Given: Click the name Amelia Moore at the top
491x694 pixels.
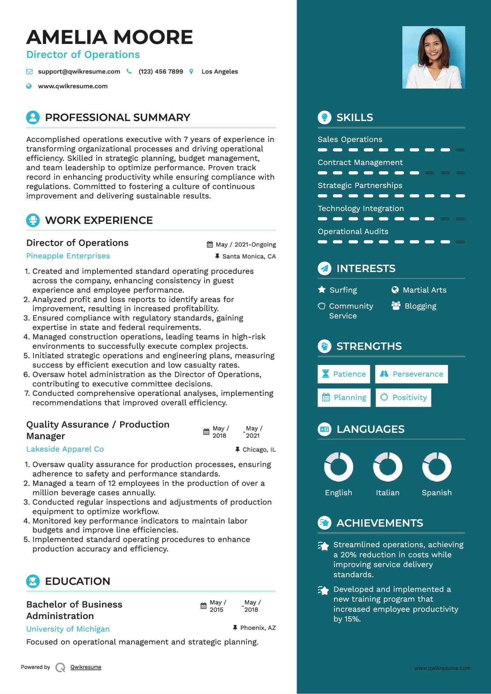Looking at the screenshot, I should [x=110, y=37].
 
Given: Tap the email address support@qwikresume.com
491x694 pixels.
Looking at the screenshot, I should [x=79, y=71].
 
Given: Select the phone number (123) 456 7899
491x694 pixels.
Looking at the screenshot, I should [x=161, y=71].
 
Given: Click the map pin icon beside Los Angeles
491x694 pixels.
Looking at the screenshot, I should [x=191, y=71].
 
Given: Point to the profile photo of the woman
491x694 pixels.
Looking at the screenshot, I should [x=433, y=57].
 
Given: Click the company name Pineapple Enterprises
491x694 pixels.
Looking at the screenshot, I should [x=68, y=256].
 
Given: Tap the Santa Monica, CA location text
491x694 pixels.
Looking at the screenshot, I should [x=249, y=256].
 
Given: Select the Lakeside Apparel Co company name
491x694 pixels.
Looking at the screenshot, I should [x=65, y=449].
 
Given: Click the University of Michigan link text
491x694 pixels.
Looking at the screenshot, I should [x=68, y=629].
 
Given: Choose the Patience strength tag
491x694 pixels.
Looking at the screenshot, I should [x=344, y=374].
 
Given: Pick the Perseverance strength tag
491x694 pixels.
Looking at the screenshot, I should [x=411, y=374].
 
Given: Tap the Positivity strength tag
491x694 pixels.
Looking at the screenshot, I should [x=403, y=398].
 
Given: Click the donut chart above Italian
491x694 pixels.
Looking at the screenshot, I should [x=387, y=467].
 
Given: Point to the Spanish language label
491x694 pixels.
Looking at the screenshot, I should [x=437, y=493].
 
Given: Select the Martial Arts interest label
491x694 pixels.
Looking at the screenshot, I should [x=424, y=290].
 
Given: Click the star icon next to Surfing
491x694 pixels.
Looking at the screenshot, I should [x=322, y=290].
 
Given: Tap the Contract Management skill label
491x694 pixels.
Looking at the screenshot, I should [x=360, y=163].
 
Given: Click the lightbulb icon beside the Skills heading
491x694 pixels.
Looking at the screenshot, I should [x=325, y=118].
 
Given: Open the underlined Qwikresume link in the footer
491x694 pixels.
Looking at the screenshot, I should [x=86, y=667].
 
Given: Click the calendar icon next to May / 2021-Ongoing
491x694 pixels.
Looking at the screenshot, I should [x=210, y=244].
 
